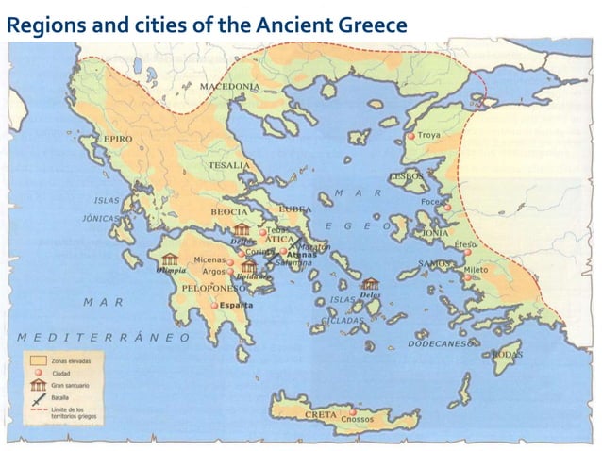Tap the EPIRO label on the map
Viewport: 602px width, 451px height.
point(117,139)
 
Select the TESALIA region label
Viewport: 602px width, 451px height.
point(229,165)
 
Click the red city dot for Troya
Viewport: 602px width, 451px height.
point(411,137)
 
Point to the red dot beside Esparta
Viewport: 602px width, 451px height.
point(214,306)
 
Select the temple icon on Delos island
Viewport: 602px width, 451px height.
point(369,283)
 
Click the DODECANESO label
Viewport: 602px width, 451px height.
point(440,344)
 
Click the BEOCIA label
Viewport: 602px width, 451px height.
point(228,211)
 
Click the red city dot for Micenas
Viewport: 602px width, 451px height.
point(229,260)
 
